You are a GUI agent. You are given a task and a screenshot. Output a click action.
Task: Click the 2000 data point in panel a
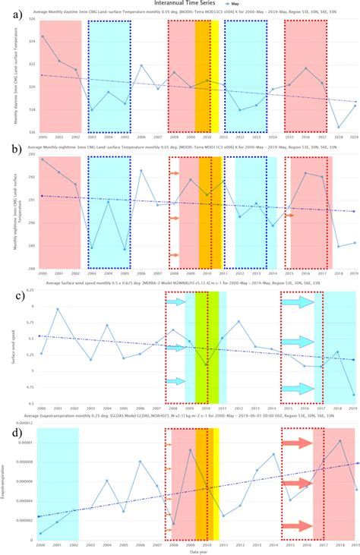point(43,36)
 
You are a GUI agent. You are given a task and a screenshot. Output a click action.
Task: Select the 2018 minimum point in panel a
point(338,127)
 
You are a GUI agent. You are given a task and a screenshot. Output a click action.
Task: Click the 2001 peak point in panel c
point(58,309)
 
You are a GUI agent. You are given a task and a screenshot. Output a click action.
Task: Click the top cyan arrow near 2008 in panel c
point(176,302)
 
